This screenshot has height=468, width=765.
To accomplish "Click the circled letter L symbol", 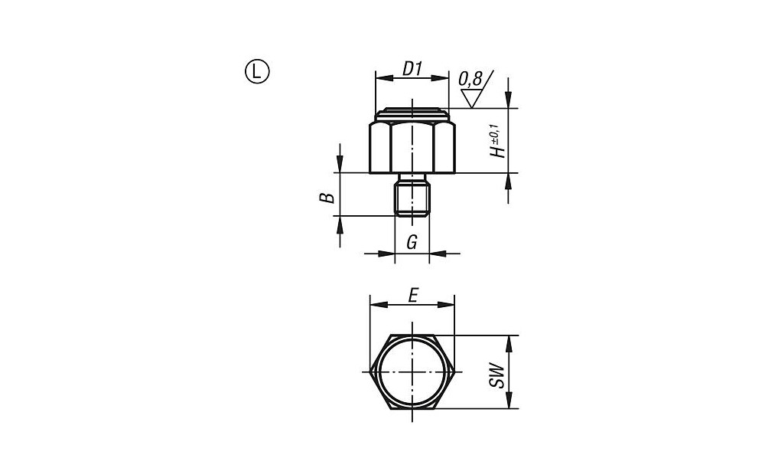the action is click(256, 72).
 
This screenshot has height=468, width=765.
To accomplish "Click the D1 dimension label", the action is click(412, 69).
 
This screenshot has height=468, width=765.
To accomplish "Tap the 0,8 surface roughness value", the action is click(470, 78).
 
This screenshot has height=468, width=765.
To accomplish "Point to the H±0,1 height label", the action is click(496, 142).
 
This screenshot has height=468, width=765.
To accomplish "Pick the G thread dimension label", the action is click(412, 242).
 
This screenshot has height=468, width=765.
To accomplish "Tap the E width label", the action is click(413, 296).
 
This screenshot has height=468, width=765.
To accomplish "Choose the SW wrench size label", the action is click(496, 375).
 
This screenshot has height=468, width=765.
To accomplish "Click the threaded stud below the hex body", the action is click(412, 195).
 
